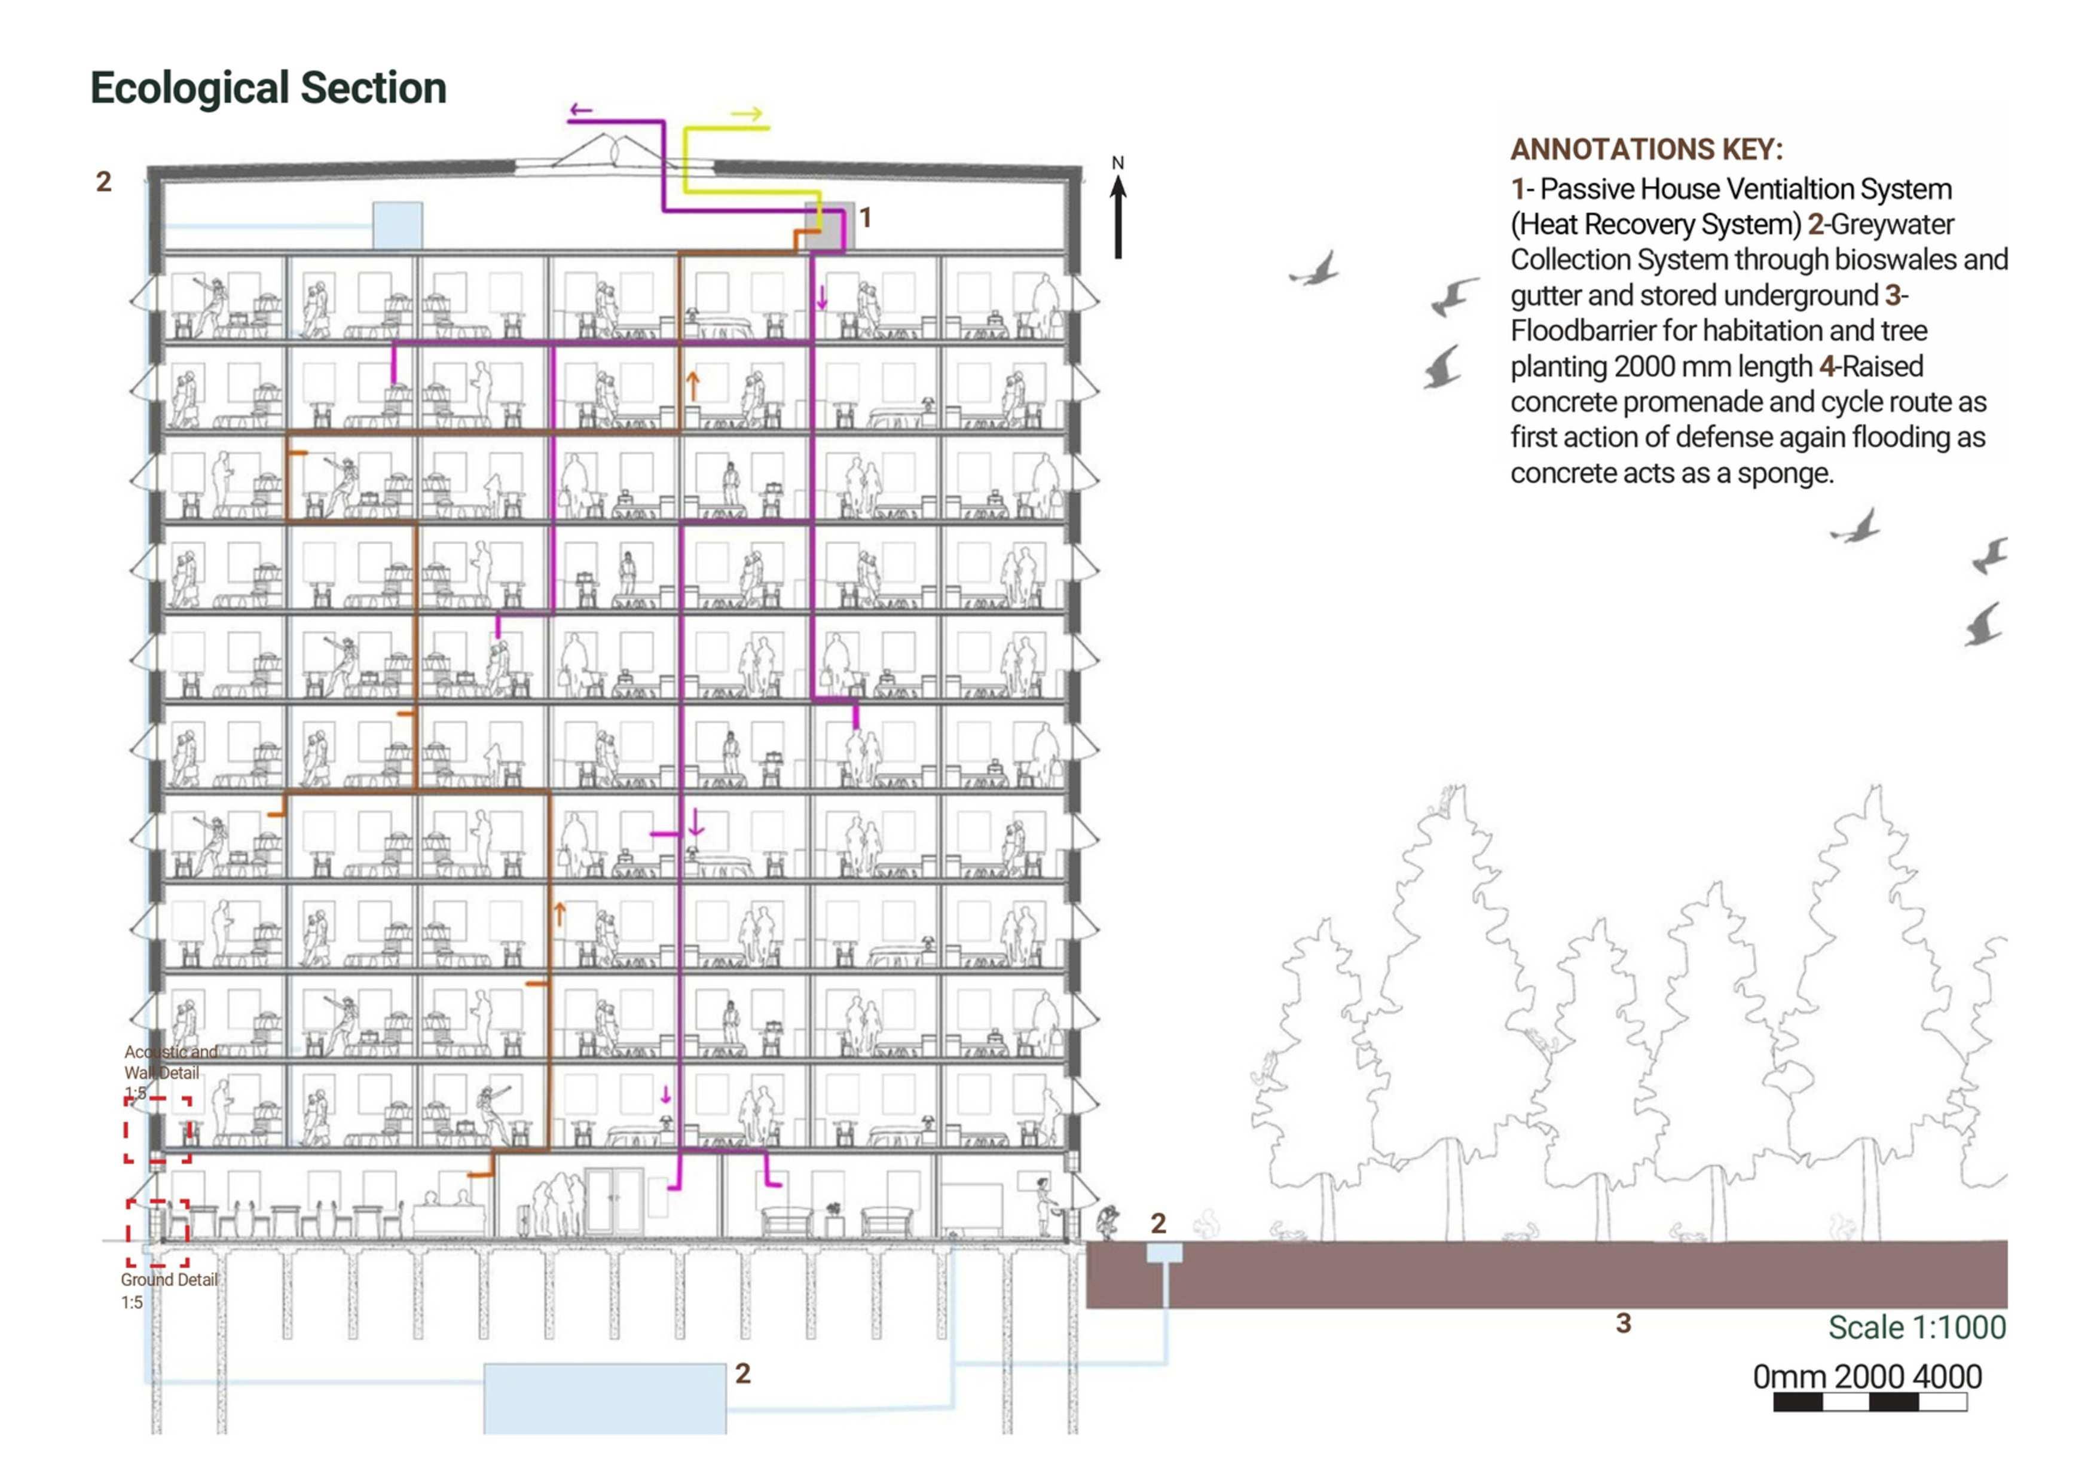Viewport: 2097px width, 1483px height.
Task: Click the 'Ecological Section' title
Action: pos(268,88)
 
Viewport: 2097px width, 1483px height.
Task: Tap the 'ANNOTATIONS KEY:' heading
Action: pos(1646,149)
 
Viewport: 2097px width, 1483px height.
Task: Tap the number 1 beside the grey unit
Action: pos(865,218)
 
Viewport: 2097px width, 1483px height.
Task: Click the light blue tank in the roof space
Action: pos(398,225)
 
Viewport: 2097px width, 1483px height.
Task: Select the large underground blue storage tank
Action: pos(604,1397)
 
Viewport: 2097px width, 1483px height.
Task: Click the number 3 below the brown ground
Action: pos(1623,1323)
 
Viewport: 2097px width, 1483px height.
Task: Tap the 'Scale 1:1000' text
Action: pos(1916,1328)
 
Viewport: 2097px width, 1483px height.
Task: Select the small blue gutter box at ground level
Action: pos(1164,1252)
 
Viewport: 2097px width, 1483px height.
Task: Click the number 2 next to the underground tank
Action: pos(742,1374)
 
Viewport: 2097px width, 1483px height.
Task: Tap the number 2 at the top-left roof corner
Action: pos(104,182)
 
